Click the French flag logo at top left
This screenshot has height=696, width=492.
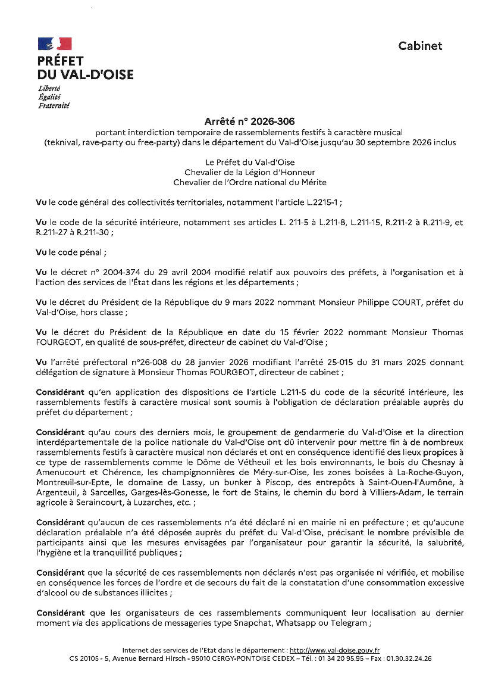[55, 43]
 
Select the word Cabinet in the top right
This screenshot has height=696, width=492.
[420, 46]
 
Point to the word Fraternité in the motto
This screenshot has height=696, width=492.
[54, 105]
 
